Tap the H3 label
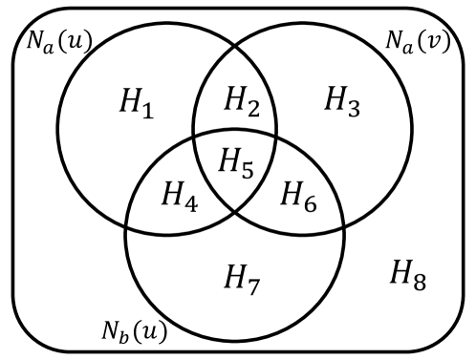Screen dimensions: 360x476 [x=342, y=101]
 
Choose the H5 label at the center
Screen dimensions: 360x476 [x=235, y=163]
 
